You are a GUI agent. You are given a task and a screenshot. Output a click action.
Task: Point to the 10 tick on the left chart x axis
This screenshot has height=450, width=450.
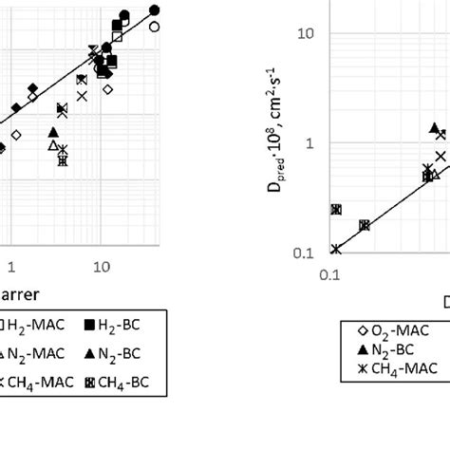tap(102, 269)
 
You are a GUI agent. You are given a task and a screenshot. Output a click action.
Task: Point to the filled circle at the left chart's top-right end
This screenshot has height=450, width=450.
tap(155, 10)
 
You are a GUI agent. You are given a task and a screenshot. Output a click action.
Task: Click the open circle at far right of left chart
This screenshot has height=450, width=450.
tap(155, 27)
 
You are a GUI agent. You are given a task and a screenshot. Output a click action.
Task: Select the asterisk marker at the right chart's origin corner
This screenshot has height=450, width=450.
tap(336, 249)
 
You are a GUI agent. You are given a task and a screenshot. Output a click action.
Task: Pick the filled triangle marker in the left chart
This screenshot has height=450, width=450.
tap(53, 132)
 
